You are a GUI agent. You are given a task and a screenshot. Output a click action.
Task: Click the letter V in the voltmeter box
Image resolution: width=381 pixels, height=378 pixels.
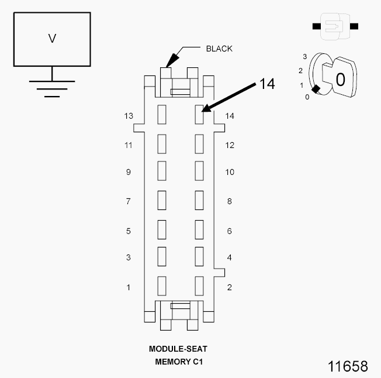click(x=52, y=39)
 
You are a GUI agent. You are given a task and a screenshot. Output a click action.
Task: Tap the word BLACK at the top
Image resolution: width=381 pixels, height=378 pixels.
click(x=219, y=49)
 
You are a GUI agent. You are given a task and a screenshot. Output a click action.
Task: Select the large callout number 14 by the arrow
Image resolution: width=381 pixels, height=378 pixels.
click(x=267, y=84)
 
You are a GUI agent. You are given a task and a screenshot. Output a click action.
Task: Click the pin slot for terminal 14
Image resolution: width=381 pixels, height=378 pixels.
click(x=199, y=115)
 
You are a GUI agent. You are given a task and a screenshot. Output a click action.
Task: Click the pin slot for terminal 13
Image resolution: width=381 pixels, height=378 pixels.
click(x=162, y=115)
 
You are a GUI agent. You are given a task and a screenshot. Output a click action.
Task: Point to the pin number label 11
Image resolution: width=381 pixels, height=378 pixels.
click(x=129, y=145)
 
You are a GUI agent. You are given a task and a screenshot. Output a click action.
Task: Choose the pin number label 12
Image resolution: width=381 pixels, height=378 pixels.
click(x=230, y=145)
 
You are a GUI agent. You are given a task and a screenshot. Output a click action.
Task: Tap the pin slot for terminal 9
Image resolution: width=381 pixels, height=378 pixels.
click(x=162, y=171)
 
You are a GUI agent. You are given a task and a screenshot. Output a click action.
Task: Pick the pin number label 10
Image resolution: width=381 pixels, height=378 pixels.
click(x=230, y=172)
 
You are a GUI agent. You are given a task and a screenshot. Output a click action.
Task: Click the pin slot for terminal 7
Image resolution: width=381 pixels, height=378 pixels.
click(x=162, y=200)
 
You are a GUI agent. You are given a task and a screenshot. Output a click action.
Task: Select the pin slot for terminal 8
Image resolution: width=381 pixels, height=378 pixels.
click(x=199, y=200)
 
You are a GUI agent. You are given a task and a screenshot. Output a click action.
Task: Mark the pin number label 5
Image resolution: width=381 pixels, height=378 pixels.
click(x=129, y=231)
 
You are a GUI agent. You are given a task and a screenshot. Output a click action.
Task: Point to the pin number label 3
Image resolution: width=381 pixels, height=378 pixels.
click(x=129, y=257)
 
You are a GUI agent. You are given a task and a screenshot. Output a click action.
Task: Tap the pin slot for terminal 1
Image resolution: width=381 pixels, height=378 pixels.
click(x=162, y=286)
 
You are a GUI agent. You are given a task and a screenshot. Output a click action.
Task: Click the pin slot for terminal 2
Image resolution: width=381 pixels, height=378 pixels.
click(x=199, y=286)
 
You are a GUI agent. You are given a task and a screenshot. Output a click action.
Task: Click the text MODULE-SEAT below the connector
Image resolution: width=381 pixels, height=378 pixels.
click(x=178, y=349)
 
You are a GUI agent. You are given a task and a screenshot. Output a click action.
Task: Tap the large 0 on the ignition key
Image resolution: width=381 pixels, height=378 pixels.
click(x=340, y=80)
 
